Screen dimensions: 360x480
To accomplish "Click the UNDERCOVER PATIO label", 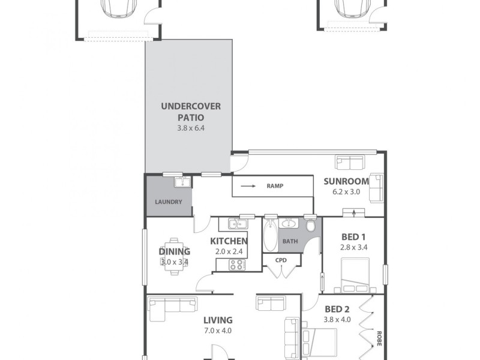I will coord(191,112).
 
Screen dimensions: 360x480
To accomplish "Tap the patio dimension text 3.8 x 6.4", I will coord(191,128).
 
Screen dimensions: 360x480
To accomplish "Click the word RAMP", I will coord(275,186).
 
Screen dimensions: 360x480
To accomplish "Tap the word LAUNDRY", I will coord(168,202).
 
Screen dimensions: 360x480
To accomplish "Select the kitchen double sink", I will coord(238,224).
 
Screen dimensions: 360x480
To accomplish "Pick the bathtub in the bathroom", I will coord(269,237).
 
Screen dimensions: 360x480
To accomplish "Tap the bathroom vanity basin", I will coord(288,224).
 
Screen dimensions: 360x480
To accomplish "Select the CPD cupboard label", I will coord(281,260).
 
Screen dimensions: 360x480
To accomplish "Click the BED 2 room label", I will coord(337,309).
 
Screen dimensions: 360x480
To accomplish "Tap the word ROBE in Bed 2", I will coord(379,339).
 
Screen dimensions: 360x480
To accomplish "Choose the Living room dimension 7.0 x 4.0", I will coord(217,331).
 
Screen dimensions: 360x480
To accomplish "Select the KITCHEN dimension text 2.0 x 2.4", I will coord(229,251).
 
